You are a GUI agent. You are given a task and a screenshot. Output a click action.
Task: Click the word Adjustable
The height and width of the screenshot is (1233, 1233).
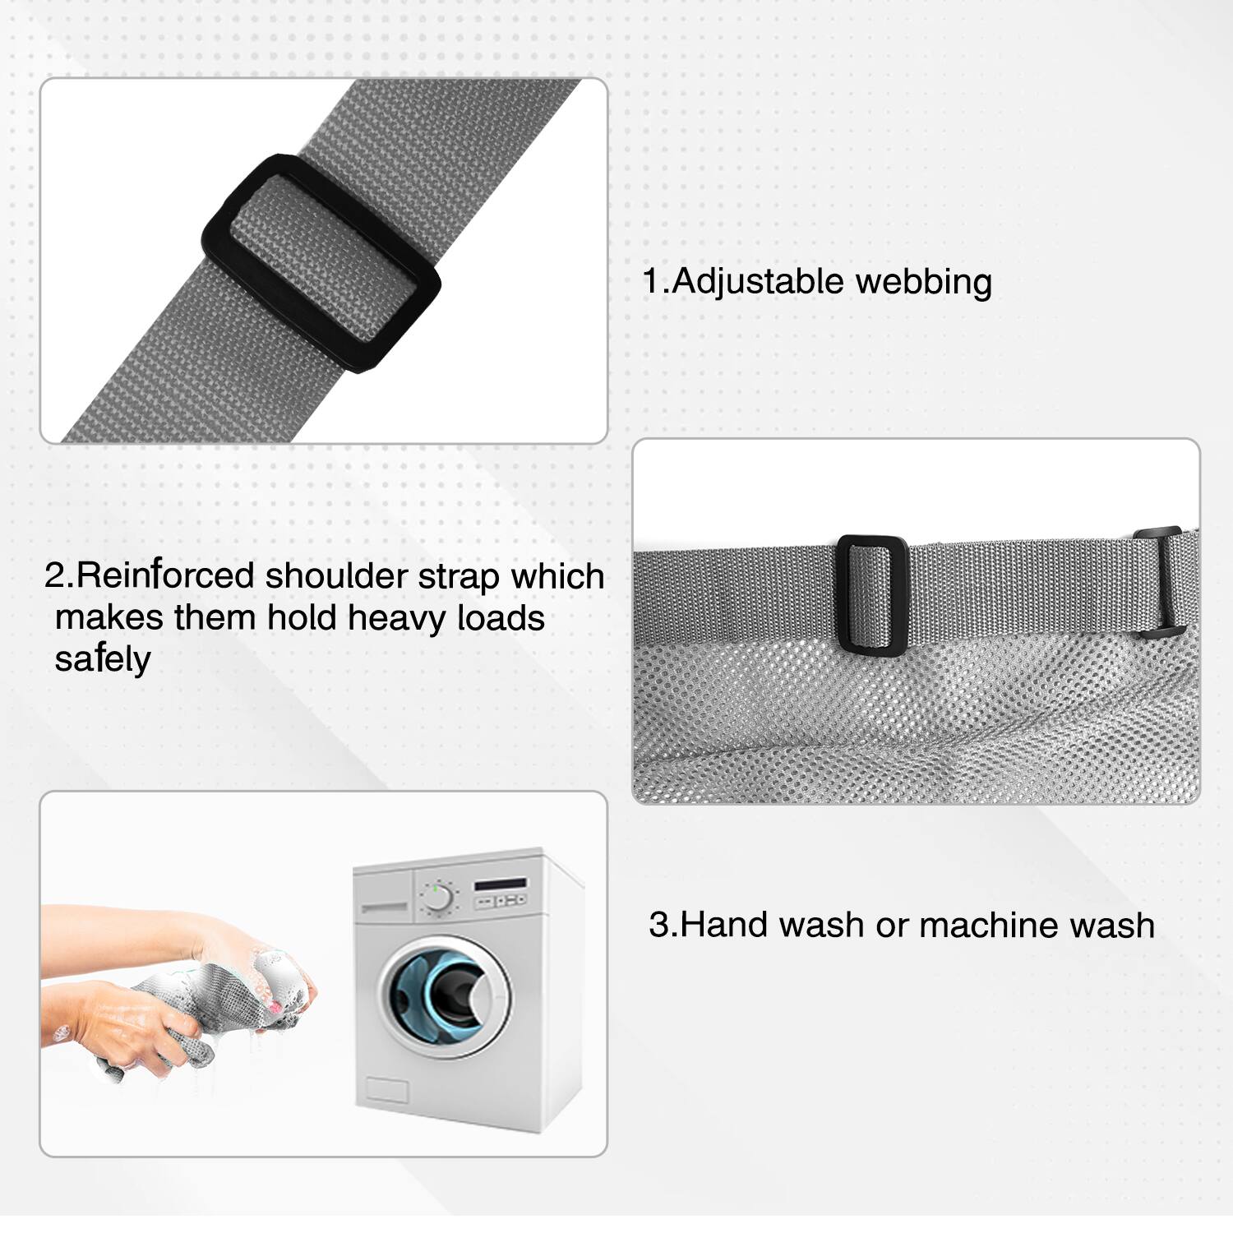(x=757, y=282)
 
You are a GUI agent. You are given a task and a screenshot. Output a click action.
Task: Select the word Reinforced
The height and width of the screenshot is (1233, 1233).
(x=165, y=575)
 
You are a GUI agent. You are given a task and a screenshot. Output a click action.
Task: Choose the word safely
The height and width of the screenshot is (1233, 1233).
(x=103, y=659)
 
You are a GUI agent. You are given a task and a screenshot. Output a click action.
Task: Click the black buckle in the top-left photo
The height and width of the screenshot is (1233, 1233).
(x=321, y=263)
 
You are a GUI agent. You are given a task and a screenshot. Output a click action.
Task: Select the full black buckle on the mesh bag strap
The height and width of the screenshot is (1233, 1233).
(x=872, y=595)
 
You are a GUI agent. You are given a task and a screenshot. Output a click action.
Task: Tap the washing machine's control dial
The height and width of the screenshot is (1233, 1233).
(x=437, y=898)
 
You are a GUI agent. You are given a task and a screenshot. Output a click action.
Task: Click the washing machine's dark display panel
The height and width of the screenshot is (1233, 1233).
(x=501, y=884)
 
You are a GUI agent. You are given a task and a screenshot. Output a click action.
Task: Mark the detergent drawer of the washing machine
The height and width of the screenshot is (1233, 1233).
(x=384, y=907)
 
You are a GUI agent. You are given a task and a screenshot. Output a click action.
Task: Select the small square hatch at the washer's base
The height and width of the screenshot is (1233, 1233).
(x=386, y=1090)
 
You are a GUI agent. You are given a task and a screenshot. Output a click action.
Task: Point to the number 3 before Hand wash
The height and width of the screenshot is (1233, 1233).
(x=660, y=925)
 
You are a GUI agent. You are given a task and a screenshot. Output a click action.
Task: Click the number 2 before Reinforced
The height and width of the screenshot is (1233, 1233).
(x=55, y=575)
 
